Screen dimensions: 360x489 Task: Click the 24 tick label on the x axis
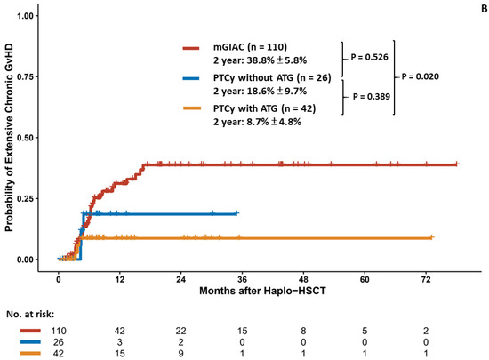point(180,276)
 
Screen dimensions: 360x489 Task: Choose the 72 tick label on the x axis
point(425,276)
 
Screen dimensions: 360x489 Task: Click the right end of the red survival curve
point(457,164)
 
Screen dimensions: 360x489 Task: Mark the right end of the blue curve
point(237,213)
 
